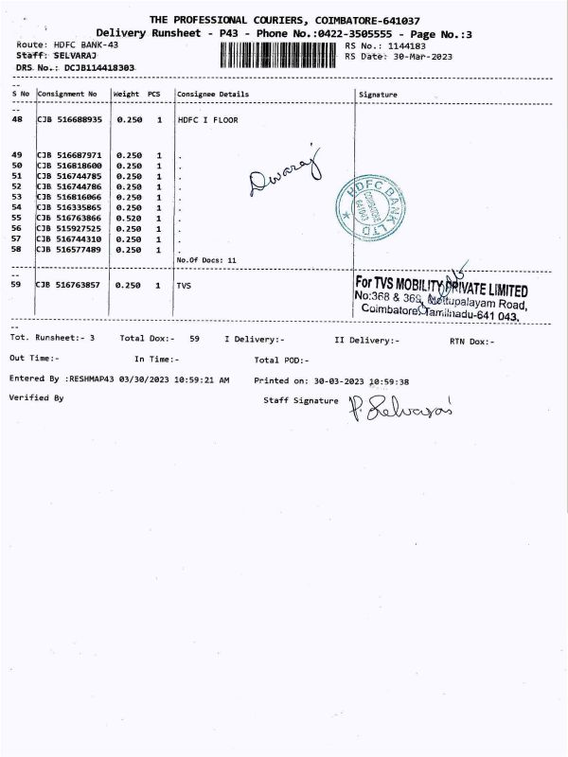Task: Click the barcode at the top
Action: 278,55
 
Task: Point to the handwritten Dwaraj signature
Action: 285,173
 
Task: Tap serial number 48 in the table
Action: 17,120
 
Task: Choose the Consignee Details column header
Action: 213,95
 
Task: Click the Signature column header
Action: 379,95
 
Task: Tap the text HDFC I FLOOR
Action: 207,120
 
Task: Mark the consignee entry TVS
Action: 184,284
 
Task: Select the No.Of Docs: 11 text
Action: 205,259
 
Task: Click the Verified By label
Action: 36,398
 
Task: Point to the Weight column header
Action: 126,95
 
